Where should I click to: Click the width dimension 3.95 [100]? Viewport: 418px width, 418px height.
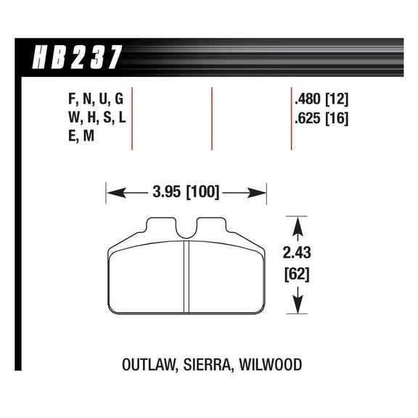[187, 193]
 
